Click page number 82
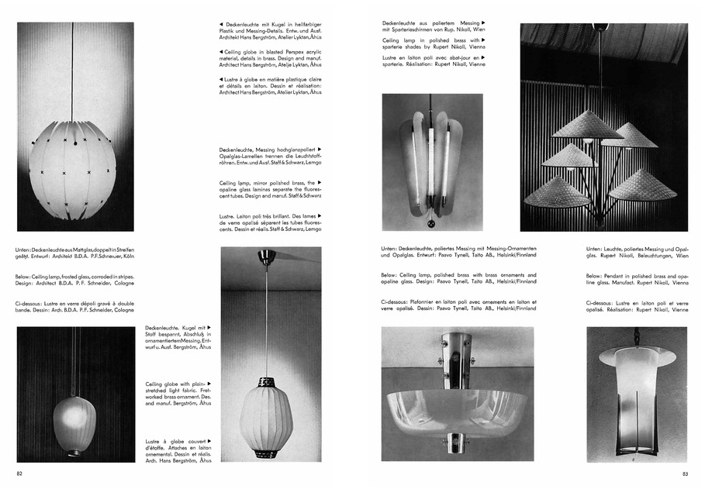click(x=20, y=473)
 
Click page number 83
click(x=684, y=473)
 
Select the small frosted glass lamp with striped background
click(x=74, y=423)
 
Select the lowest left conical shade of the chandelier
click(x=556, y=192)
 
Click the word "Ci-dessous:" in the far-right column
click(x=600, y=302)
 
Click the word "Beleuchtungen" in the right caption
click(x=650, y=255)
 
